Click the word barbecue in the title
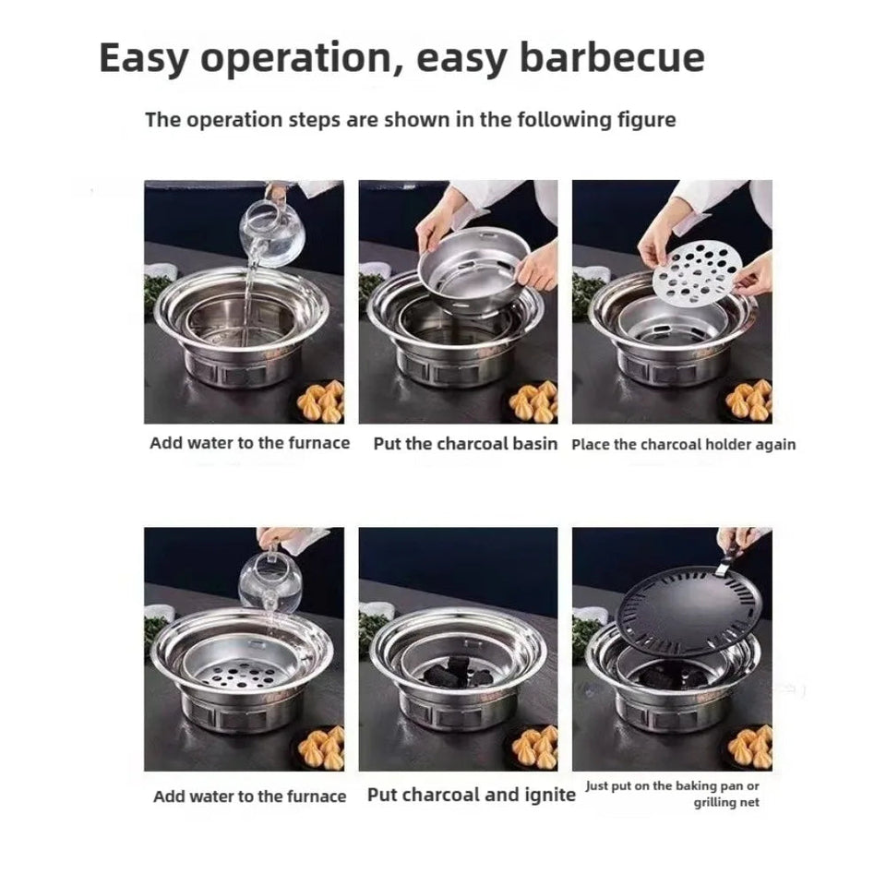[x=612, y=58]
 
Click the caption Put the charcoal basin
[x=465, y=443]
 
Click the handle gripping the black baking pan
[x=729, y=554]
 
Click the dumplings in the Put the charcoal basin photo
[x=533, y=401]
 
